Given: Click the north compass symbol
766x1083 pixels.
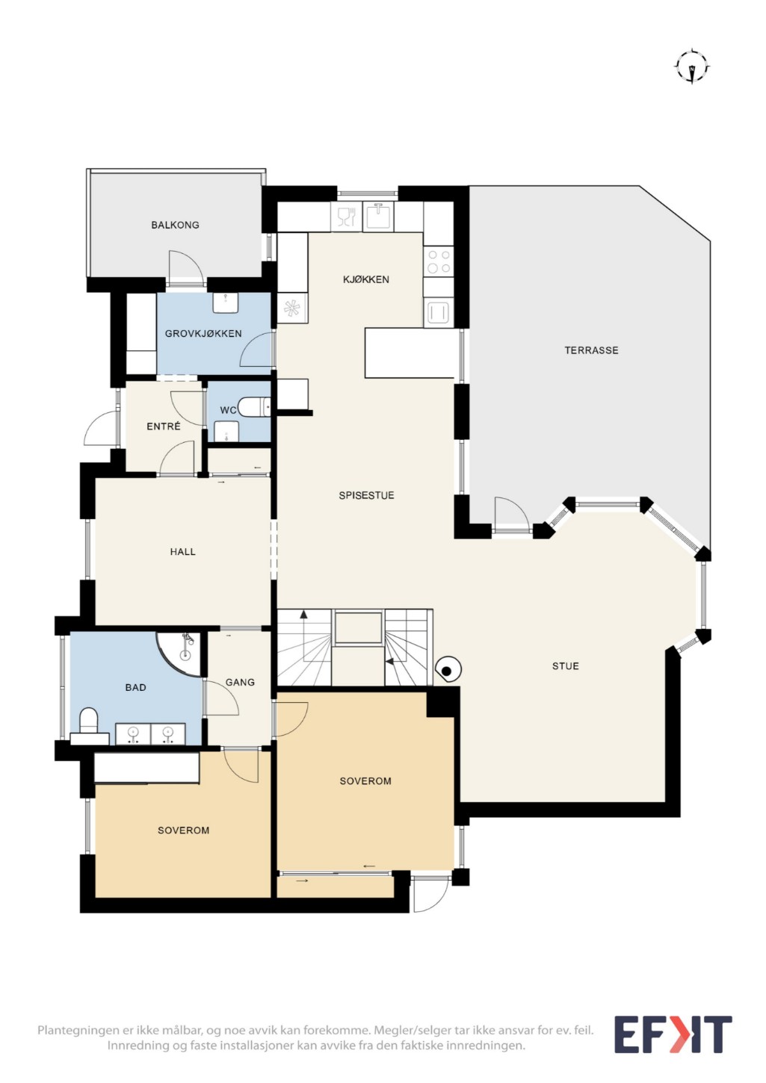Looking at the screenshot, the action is [691, 67].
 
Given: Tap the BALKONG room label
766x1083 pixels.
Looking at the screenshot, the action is [175, 225].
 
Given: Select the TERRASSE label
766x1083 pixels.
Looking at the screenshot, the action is [591, 350].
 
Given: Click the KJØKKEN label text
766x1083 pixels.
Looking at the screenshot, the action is [366, 279].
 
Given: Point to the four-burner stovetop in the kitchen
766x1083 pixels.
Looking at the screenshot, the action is [439, 261].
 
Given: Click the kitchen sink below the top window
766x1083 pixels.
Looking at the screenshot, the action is [380, 215].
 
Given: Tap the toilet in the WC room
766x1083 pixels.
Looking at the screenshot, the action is [255, 406].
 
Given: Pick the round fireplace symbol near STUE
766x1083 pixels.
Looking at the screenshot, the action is [448, 670].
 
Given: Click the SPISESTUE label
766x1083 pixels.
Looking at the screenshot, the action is [366, 496].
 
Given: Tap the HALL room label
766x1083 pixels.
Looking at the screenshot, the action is [183, 552].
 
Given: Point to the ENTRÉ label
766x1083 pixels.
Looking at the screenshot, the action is [164, 426].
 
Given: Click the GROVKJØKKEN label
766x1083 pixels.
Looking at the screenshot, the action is [203, 334].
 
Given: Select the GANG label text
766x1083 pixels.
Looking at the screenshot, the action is [240, 682].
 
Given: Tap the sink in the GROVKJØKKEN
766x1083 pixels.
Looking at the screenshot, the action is [226, 302].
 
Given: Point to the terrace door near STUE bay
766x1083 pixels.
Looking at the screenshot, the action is [511, 514].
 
